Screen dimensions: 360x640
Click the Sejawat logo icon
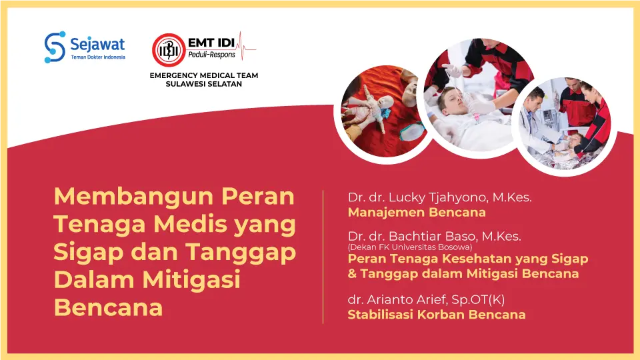tap(55, 47)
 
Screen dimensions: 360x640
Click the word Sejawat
tap(97, 44)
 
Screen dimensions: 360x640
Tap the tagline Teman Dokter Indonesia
tap(97, 58)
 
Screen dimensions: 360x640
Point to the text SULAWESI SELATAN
tap(203, 85)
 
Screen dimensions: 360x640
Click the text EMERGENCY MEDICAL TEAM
tap(203, 75)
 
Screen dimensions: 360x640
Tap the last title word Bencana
tap(108, 308)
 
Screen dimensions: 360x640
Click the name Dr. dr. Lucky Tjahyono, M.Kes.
tap(440, 197)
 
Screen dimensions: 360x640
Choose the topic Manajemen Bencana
tap(417, 213)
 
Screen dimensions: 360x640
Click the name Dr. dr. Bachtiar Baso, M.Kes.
tap(435, 236)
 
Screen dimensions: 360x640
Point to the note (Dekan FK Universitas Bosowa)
tap(410, 247)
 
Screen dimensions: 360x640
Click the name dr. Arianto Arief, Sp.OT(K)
tap(427, 300)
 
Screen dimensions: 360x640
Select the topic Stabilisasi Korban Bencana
tap(437, 315)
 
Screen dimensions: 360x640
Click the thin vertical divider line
tap(323, 257)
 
